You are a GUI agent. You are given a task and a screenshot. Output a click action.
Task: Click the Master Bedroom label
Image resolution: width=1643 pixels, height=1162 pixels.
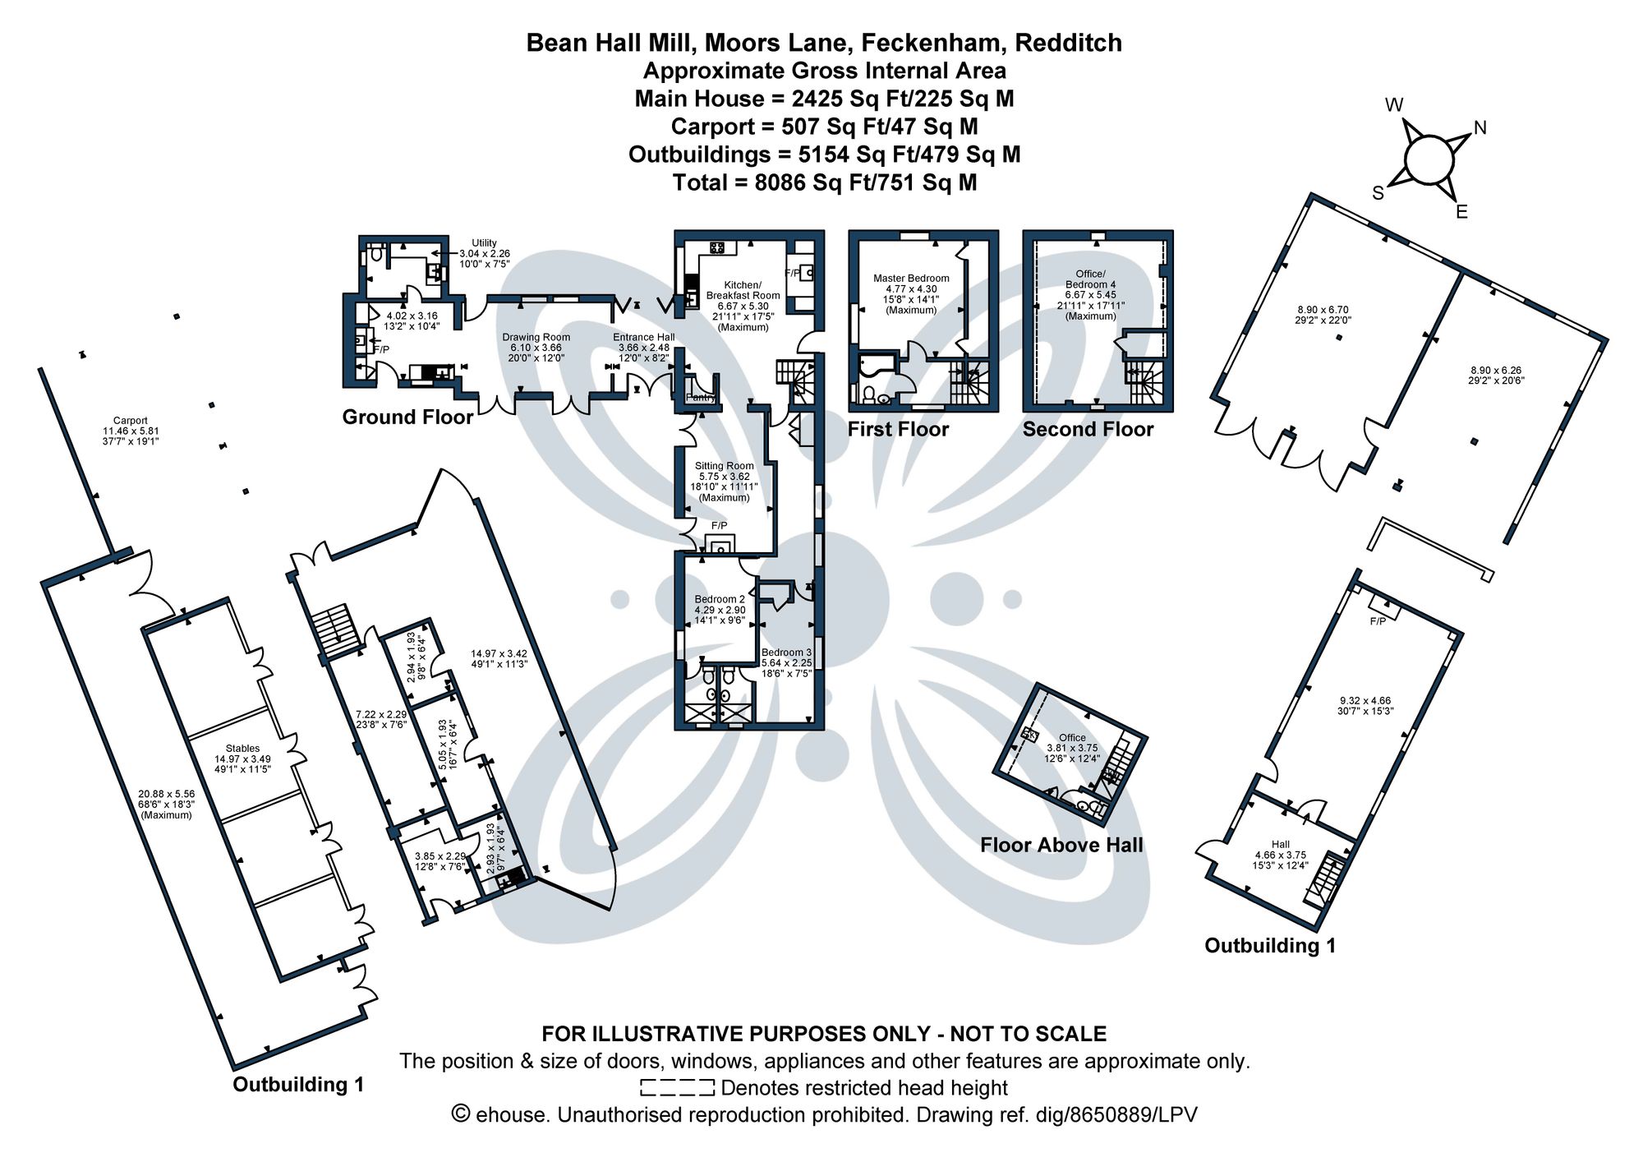(x=911, y=279)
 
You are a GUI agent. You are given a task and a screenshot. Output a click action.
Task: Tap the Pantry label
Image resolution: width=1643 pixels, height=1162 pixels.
(x=701, y=398)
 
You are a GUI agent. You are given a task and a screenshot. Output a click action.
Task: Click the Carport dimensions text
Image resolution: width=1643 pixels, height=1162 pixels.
(x=130, y=436)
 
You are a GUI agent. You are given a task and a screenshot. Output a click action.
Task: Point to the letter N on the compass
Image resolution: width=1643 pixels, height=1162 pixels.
(x=1480, y=127)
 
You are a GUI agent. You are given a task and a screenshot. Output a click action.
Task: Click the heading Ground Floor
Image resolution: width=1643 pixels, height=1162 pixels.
(x=407, y=417)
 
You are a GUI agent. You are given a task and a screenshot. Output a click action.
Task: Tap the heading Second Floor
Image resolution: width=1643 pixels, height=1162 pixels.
(x=1088, y=429)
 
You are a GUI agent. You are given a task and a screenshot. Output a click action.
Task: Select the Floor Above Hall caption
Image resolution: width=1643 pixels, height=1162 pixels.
(x=1061, y=845)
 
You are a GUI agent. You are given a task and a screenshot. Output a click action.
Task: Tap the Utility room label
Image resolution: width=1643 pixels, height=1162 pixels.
(x=484, y=243)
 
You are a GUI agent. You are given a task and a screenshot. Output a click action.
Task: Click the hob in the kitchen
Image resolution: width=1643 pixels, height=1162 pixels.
(x=716, y=247)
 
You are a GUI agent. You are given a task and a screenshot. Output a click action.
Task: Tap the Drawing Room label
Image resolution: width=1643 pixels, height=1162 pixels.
(x=536, y=337)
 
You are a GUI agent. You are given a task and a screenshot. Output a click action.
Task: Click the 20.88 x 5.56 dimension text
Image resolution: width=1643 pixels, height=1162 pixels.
(x=166, y=794)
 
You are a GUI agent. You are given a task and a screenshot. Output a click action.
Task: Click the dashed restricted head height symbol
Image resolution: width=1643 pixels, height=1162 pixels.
(x=677, y=1088)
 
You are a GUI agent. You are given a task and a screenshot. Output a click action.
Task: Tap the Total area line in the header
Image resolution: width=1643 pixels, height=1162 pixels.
(x=824, y=182)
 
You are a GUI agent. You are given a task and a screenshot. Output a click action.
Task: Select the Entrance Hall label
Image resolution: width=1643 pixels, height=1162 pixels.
(x=643, y=337)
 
